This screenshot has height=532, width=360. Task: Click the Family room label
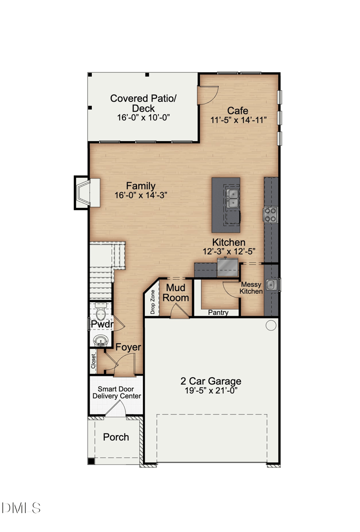pos(140,186)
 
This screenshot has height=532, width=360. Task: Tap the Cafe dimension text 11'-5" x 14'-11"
pos(238,120)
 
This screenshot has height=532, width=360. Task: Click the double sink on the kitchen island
pos(233,198)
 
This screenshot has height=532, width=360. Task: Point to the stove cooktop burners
pos(270,214)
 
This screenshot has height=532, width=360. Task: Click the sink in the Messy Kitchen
pos(270,284)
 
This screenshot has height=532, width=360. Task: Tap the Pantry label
pos(218,312)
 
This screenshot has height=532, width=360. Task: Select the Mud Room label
pos(177,293)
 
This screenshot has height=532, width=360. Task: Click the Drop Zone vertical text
pos(153,302)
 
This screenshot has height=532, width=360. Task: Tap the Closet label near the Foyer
pos(94,361)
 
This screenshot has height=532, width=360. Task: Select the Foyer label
pos(128,347)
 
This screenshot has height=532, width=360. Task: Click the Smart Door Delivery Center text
pos(117,392)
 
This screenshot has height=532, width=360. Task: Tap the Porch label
pos(116,437)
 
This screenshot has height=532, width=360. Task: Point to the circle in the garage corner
pos(271,325)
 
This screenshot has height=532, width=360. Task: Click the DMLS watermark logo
pos(21,508)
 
